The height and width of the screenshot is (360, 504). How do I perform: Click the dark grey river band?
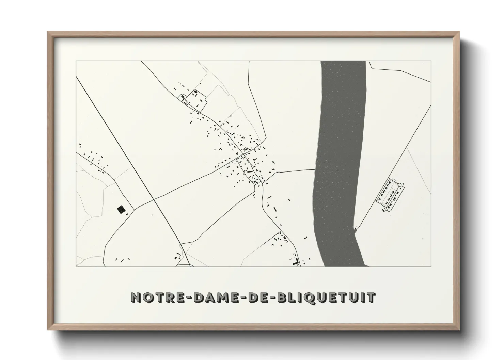(341, 153)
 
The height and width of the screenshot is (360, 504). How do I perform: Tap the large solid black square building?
(121, 209)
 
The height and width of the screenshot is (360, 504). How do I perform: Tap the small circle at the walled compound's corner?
(400, 185)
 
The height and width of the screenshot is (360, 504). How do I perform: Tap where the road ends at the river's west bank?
(314, 169)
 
